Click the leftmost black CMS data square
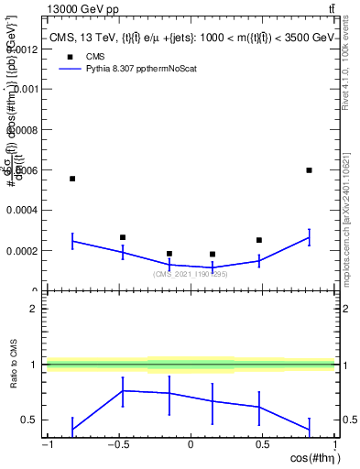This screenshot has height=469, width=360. point(72,179)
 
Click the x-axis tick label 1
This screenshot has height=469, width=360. point(333,445)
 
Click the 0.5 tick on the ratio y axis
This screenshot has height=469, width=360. point(30,420)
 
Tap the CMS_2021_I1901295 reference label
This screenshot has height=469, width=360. point(191,274)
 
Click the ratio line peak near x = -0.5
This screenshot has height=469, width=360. point(123,390)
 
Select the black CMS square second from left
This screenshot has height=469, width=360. point(123,237)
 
